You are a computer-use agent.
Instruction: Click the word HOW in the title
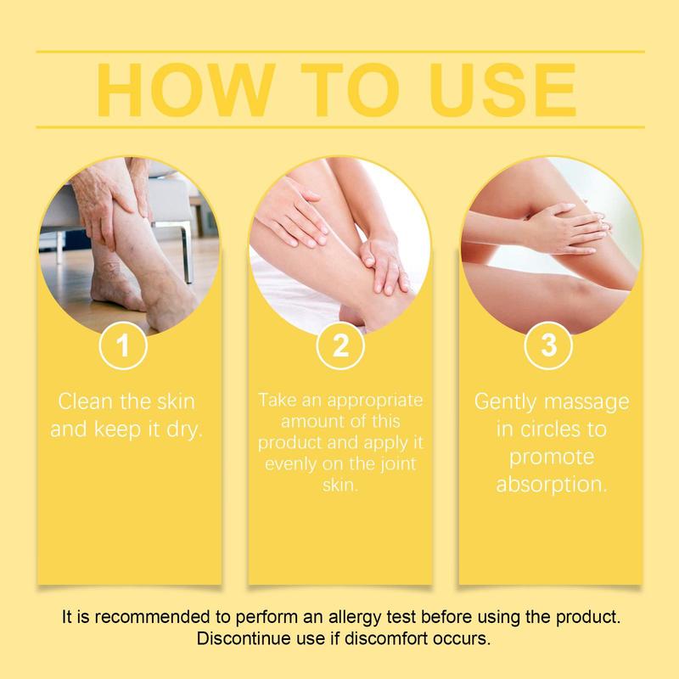pyautogui.click(x=186, y=90)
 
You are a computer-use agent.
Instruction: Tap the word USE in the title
pyautogui.click(x=502, y=90)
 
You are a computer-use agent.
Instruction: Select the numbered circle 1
pyautogui.click(x=123, y=345)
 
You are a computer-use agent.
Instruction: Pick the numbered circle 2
pyautogui.click(x=340, y=345)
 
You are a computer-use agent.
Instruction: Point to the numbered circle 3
pyautogui.click(x=548, y=345)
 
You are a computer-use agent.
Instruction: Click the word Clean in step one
pyautogui.click(x=86, y=401)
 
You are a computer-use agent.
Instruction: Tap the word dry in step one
pyautogui.click(x=185, y=430)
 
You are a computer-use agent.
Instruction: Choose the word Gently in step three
pyautogui.click(x=506, y=402)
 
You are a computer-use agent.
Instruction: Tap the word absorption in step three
pyautogui.click(x=552, y=485)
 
